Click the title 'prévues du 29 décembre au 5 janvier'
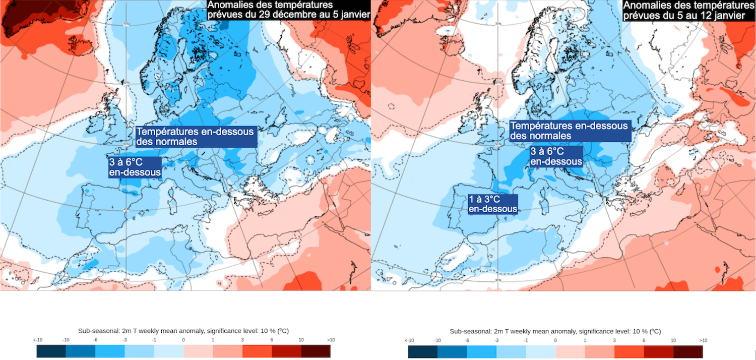289,15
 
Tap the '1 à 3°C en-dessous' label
493,204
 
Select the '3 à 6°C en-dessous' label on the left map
135,167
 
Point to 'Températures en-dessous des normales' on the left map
197,137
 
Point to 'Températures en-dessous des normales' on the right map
570,131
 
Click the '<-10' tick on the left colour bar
37,340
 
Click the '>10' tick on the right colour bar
703,340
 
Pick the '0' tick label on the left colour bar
183,340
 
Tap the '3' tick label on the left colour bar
242,340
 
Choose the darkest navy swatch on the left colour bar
51,351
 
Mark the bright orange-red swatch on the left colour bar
257,351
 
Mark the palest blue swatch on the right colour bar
541,351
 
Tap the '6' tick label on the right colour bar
644,340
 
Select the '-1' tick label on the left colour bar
154,340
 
